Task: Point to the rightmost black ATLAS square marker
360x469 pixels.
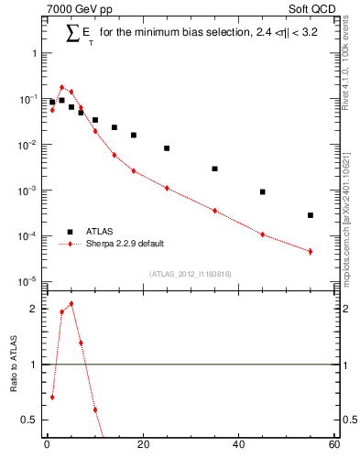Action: (x=311, y=215)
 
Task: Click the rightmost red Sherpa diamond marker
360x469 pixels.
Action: (x=311, y=251)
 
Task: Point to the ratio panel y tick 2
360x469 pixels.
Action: (x=33, y=309)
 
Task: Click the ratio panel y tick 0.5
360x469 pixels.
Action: (x=29, y=420)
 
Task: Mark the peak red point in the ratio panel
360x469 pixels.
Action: (x=71, y=304)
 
